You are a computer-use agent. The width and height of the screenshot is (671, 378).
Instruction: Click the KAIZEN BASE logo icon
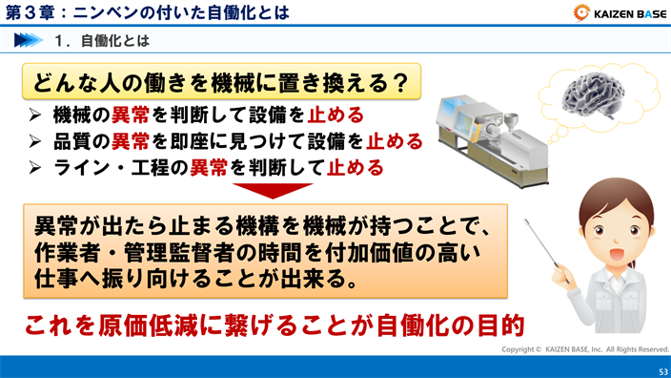click(x=580, y=12)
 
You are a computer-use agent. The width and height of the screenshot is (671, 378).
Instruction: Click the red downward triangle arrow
click(x=273, y=190)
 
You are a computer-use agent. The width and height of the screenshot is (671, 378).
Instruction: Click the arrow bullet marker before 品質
click(x=34, y=142)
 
